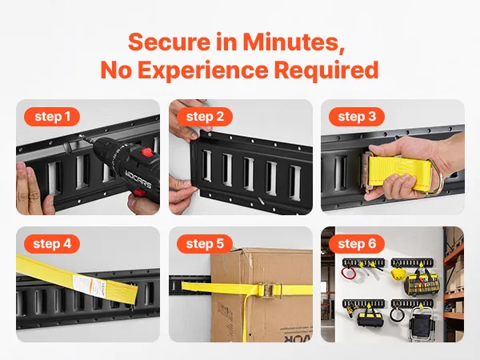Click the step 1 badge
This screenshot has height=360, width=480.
coord(52,117)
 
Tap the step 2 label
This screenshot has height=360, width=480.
coord(205,117)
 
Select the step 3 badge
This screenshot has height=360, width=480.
coord(357,117)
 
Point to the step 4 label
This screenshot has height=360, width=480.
coord(52,244)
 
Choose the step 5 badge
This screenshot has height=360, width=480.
coord(205,244)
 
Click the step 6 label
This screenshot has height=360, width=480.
coord(357,244)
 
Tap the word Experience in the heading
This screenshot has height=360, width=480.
coord(203,70)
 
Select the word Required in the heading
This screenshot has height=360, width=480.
coord(326,70)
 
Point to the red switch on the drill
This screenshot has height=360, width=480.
coord(147,152)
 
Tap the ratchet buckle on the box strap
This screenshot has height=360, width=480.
coord(270,290)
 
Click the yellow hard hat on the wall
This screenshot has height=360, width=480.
coord(397,274)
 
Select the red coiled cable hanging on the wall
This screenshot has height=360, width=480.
coord(348,273)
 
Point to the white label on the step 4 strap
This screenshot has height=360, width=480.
coord(90,286)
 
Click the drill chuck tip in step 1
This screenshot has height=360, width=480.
coord(81,137)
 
